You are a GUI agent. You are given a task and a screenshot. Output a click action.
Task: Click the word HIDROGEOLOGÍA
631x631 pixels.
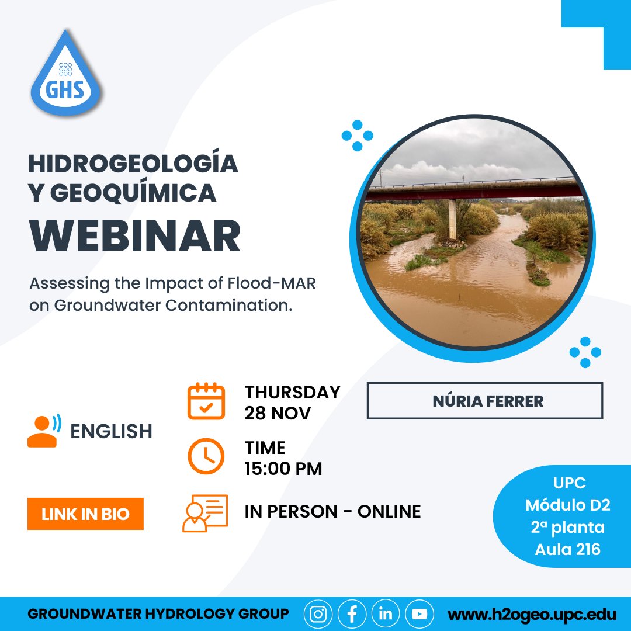133,164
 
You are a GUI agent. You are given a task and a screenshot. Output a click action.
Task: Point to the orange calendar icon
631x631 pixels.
206,401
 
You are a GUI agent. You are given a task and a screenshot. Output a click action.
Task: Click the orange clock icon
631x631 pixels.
206,456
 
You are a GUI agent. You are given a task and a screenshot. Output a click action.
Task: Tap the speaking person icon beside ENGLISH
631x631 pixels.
44,431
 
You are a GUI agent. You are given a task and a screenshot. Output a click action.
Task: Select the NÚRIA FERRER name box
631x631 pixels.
484,401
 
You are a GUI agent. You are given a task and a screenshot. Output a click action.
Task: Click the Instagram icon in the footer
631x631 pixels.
318,614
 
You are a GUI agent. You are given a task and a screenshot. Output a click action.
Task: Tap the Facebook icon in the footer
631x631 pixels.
352,614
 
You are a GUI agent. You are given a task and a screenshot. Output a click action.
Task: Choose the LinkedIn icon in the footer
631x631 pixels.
386,614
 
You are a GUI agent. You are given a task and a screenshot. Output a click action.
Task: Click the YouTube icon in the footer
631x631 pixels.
419,614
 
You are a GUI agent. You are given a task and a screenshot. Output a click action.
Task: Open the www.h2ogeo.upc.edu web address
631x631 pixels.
532,615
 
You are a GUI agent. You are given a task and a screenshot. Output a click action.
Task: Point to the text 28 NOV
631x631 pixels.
278,413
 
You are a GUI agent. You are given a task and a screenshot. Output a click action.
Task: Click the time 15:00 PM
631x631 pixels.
283,469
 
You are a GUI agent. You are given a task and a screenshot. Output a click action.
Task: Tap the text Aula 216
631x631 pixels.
567,549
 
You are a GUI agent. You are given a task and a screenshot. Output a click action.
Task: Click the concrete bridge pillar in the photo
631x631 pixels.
452,219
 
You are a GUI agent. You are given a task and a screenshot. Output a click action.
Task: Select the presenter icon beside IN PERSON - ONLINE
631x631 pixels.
204,513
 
